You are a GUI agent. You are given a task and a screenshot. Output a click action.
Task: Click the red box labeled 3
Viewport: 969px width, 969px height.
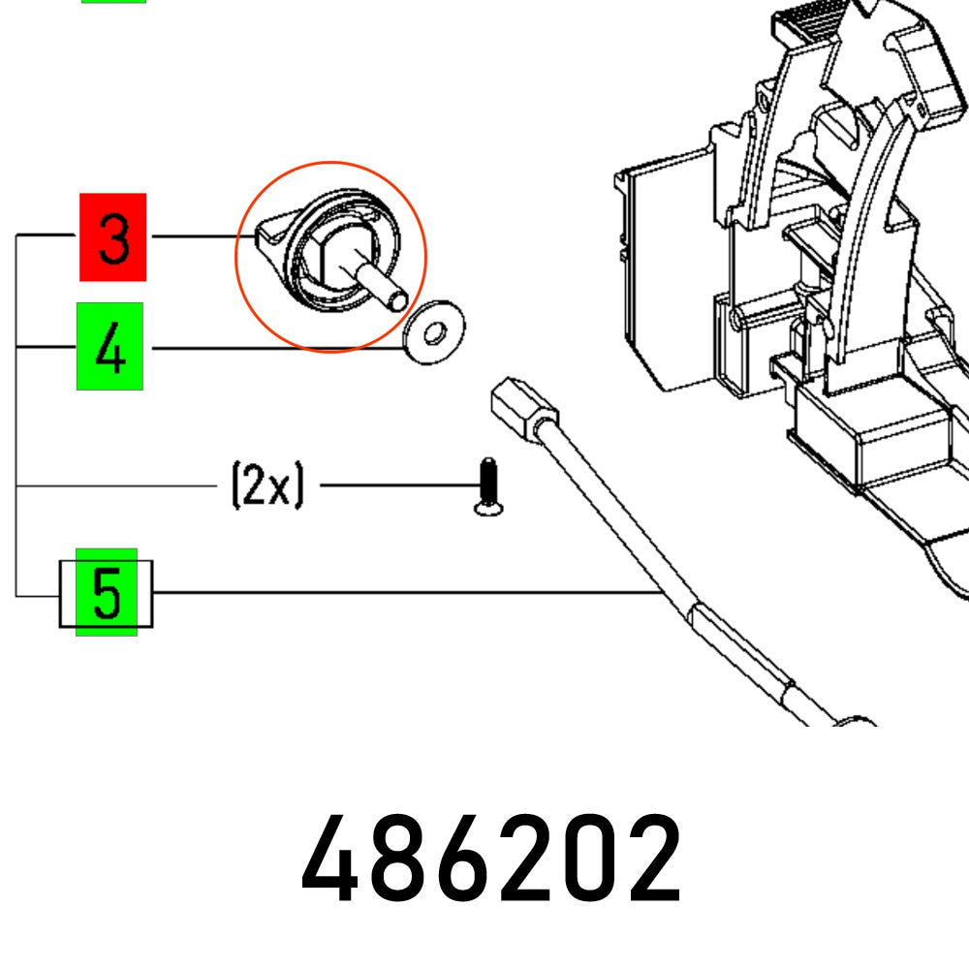tap(112, 237)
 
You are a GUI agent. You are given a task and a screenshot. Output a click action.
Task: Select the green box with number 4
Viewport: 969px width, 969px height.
tap(109, 347)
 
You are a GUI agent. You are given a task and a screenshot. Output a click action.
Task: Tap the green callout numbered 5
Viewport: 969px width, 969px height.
tap(107, 592)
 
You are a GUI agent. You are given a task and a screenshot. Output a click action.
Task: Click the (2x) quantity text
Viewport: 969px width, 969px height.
tap(266, 484)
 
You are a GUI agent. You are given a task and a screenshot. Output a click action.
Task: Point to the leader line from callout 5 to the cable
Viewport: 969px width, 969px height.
tap(407, 592)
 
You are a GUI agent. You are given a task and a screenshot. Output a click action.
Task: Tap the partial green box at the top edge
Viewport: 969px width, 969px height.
tap(113, 2)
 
